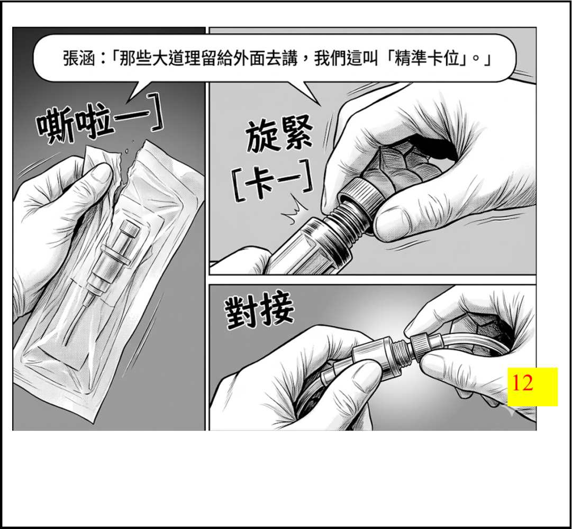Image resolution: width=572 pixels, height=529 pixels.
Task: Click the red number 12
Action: [x=523, y=383]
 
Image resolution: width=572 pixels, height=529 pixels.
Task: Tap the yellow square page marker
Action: [x=533, y=387]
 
